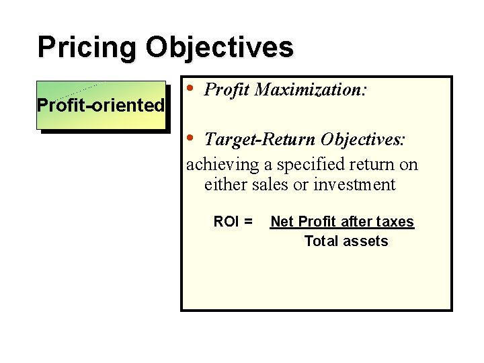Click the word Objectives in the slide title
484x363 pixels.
click(x=219, y=48)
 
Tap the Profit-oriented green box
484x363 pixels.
click(x=101, y=105)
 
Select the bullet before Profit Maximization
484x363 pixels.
click(x=191, y=88)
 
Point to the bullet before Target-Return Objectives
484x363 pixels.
click(x=191, y=138)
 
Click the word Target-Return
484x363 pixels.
click(x=260, y=139)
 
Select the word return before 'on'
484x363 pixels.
click(x=373, y=164)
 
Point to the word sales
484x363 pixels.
click(x=272, y=185)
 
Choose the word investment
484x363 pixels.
click(x=354, y=185)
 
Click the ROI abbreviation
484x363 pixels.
click(x=225, y=221)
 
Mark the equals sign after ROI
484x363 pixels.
click(x=249, y=221)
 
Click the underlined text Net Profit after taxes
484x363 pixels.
click(x=341, y=221)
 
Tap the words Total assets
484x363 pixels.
click(x=346, y=241)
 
